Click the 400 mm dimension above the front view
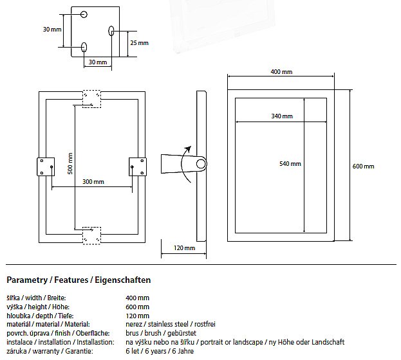[x=281, y=71]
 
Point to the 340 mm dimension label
[x=282, y=116]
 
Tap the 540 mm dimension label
[x=290, y=164]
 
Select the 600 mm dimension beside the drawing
[x=363, y=166]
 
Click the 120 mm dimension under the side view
[x=185, y=248]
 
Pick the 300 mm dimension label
[x=93, y=182]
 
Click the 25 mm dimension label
[x=138, y=43]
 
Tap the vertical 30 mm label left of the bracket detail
[x=52, y=30]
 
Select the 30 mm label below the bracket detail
[x=97, y=62]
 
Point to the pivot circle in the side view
[x=201, y=164]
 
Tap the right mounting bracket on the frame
[x=138, y=166]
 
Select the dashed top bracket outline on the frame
[x=91, y=98]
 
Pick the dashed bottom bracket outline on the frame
[x=91, y=235]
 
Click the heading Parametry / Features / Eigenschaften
[x=79, y=280]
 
